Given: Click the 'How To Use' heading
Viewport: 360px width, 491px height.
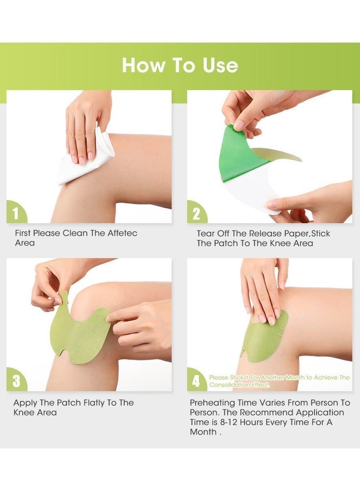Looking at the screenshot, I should tap(180, 65).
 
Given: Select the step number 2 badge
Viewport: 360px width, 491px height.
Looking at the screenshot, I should tap(197, 213).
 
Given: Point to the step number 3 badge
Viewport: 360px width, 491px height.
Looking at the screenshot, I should tap(16, 381).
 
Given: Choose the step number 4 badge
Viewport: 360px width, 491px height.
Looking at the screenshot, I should tap(197, 381).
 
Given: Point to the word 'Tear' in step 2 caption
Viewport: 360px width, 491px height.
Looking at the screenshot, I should tap(205, 234).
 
